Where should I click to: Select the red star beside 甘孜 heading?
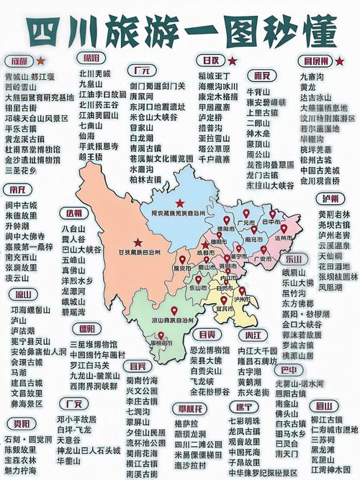(x=228, y=59)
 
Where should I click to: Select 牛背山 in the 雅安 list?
(x=258, y=92)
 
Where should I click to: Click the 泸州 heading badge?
(x=331, y=198)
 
